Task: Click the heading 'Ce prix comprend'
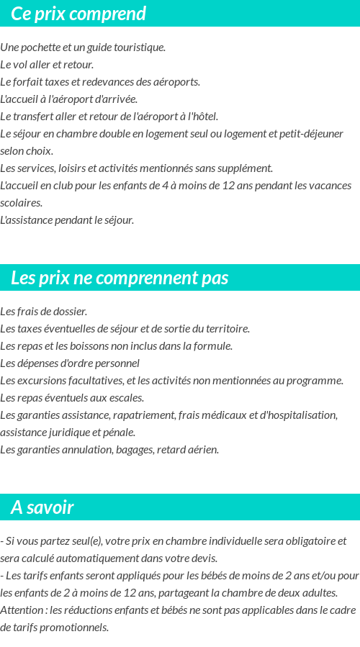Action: coord(78,14)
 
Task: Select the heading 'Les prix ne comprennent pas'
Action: coord(120,278)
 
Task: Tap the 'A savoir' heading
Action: coord(42,507)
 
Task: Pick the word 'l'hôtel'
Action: coord(203,117)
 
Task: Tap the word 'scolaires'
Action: coord(21,203)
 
